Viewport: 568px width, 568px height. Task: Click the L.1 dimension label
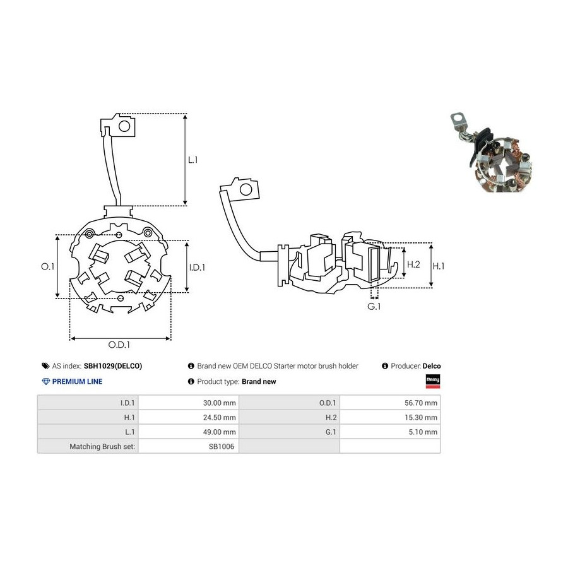(192, 160)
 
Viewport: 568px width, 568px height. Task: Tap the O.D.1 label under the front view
(119, 345)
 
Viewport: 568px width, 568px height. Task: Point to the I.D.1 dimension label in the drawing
(197, 268)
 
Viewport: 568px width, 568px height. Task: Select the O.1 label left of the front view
(47, 266)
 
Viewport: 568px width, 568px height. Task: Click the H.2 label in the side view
(413, 264)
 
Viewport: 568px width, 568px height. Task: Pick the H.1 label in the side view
(439, 266)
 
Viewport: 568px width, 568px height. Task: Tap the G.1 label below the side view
(374, 307)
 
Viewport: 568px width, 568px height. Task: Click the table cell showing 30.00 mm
(188, 403)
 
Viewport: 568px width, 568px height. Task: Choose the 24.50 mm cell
(188, 417)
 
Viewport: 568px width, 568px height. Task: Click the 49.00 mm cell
(188, 432)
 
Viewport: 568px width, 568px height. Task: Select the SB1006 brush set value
(222, 446)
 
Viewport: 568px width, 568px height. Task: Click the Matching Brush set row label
(102, 446)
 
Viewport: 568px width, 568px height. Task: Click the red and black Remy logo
(433, 381)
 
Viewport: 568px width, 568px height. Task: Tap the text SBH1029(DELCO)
(113, 366)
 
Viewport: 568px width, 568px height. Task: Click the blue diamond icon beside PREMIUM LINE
(46, 381)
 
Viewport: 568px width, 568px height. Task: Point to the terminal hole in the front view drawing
(124, 126)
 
